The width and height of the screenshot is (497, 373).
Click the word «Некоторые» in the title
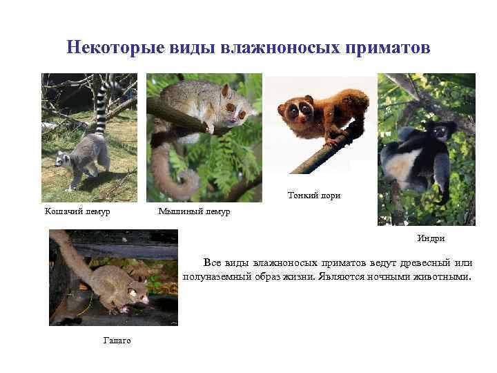point(106,48)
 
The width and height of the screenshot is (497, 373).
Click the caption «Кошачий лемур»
point(77,211)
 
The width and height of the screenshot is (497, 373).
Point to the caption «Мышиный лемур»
point(194,211)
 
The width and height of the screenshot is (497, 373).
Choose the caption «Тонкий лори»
point(314,195)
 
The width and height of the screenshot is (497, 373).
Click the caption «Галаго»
point(117,341)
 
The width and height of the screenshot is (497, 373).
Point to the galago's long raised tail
point(69,252)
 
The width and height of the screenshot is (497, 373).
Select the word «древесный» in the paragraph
point(407,263)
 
